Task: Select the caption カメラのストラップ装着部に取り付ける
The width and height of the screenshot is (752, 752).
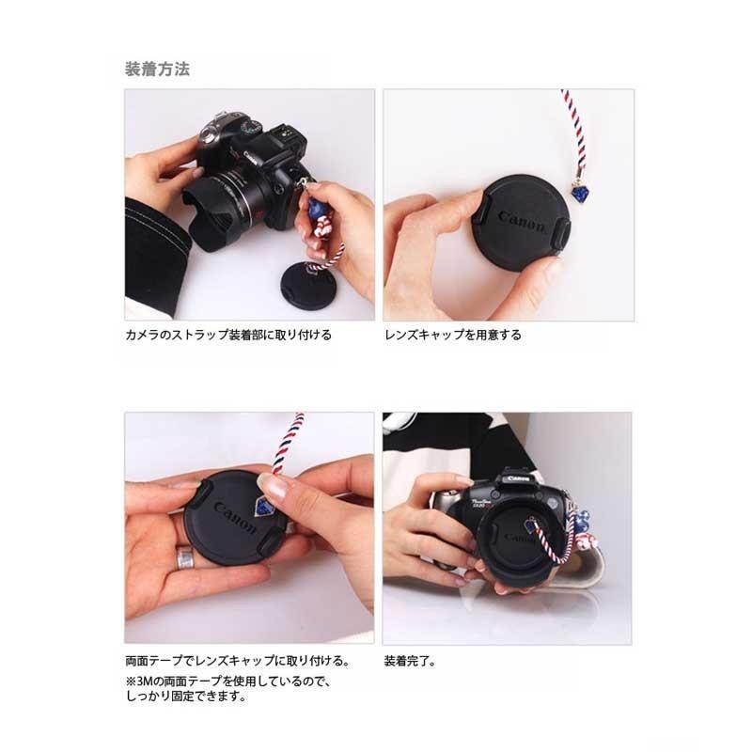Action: coord(227,335)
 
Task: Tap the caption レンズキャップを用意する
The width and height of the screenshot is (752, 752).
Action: coord(452,335)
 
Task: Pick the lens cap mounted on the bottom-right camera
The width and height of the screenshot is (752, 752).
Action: coord(512,540)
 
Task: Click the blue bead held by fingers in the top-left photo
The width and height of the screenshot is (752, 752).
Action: coord(315,199)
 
